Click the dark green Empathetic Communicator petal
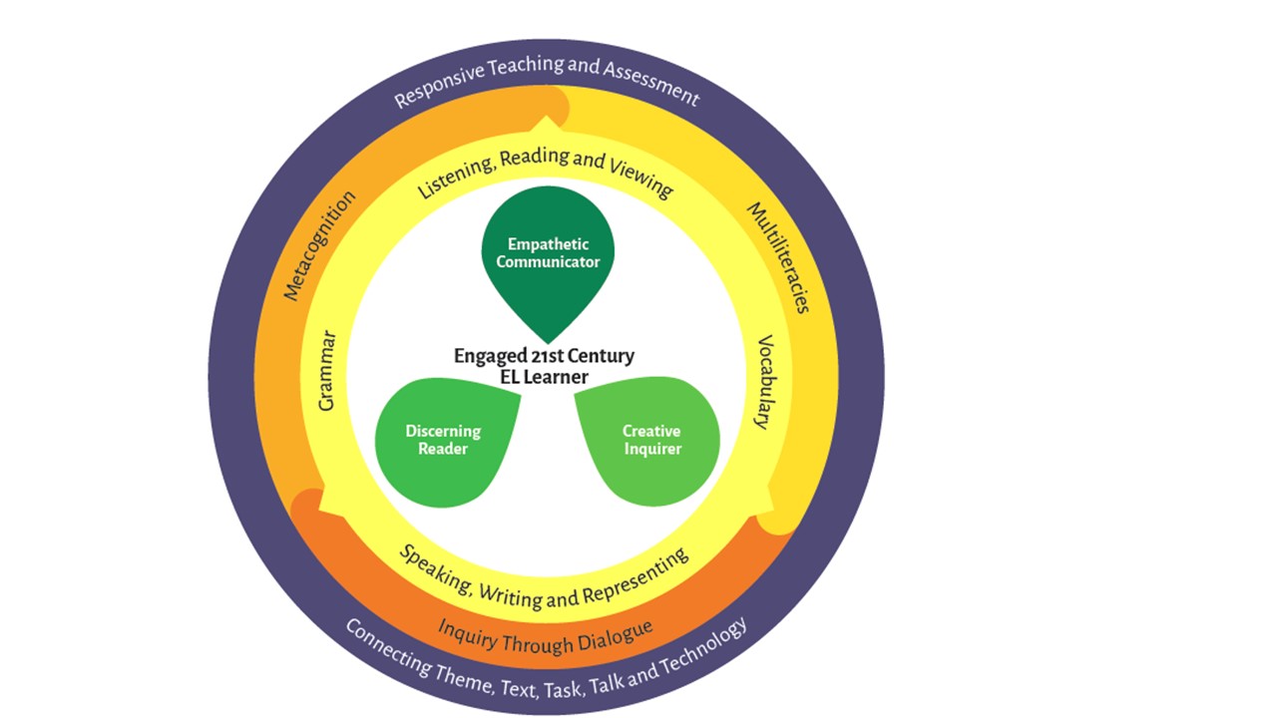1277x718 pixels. click(548, 256)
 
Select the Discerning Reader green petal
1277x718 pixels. click(444, 442)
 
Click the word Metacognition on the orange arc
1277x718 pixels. click(319, 245)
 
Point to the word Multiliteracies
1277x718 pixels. click(779, 257)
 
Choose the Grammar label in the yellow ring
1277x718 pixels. click(327, 370)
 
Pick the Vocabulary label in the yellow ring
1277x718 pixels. click(764, 382)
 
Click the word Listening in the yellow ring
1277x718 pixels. click(456, 177)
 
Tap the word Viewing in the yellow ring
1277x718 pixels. click(641, 178)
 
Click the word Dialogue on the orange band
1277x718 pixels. click(616, 636)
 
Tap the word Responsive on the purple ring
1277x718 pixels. click(440, 86)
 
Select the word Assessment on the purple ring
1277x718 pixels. click(651, 84)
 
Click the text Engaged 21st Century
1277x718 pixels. click(544, 356)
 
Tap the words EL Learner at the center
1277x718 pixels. click(544, 377)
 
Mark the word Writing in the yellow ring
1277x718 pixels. click(510, 595)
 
